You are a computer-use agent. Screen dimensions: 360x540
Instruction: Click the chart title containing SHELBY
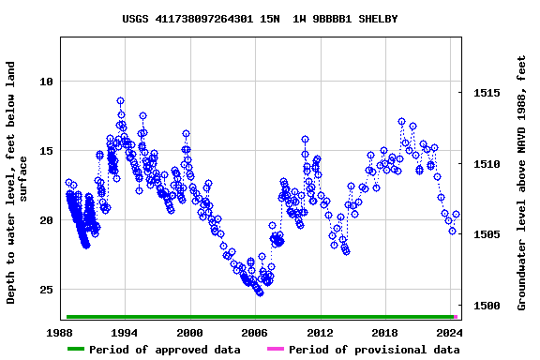260,19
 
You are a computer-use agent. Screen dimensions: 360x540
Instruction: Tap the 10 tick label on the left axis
46,82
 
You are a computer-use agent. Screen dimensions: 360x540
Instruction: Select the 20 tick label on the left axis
46,220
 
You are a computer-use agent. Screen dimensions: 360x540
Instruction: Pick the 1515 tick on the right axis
486,94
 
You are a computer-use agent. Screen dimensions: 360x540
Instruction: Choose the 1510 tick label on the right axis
486,164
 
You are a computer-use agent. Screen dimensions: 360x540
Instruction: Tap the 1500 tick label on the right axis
486,306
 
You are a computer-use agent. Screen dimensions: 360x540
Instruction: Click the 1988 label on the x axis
60,333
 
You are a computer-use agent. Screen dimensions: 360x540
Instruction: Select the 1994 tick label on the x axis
125,333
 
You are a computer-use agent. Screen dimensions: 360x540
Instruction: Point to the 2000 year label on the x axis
189,333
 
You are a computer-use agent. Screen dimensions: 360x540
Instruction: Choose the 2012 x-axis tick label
320,333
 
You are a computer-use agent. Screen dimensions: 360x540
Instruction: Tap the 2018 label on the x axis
384,333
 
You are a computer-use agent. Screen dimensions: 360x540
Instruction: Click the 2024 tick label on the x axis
449,333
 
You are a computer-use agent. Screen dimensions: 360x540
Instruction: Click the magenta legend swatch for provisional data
275,350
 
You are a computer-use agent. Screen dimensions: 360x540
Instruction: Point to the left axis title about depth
18,183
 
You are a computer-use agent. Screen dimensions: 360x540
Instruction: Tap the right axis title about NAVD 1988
522,183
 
